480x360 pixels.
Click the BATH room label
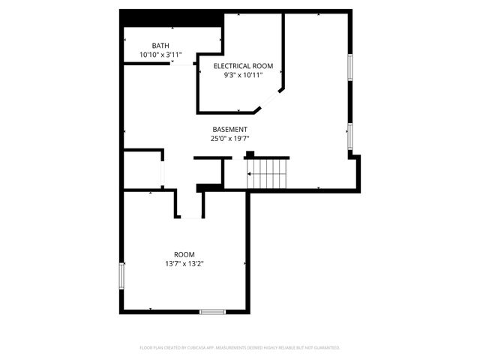pos(160,46)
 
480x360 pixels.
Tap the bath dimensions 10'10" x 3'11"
pos(160,55)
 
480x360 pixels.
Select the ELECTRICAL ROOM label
pos(243,66)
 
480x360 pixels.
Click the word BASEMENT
pos(229,129)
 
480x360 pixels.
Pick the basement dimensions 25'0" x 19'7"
pos(229,139)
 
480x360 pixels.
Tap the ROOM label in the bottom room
pos(184,254)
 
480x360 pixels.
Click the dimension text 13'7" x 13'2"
pos(184,264)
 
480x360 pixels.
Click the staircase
pos(268,173)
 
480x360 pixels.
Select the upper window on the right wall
pos(349,67)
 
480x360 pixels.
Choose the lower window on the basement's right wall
pos(349,136)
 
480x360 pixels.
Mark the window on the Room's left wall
pos(121,274)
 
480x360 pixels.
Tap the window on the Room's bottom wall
pos(212,311)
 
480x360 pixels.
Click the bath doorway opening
pos(183,64)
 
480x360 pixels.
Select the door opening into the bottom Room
pos(190,216)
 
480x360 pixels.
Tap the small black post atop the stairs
pos(249,154)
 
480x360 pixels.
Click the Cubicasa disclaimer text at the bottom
pos(240,348)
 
